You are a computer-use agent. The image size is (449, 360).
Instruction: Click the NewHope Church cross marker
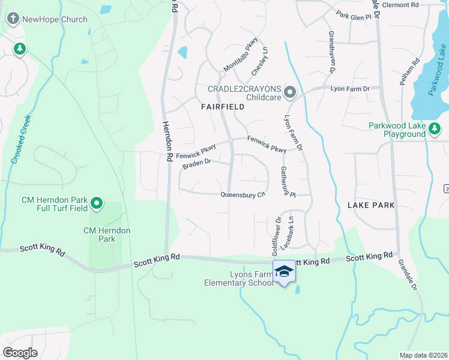13,19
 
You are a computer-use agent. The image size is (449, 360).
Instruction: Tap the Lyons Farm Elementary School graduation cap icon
285,272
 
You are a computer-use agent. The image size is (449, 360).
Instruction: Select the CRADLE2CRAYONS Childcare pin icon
291,92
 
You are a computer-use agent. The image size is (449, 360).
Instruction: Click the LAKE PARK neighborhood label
371,205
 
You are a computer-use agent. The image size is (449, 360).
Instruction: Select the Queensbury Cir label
243,194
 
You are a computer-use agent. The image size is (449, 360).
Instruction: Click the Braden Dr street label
197,163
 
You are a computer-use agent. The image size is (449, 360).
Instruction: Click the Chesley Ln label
259,61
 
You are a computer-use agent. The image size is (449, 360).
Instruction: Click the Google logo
20,352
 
